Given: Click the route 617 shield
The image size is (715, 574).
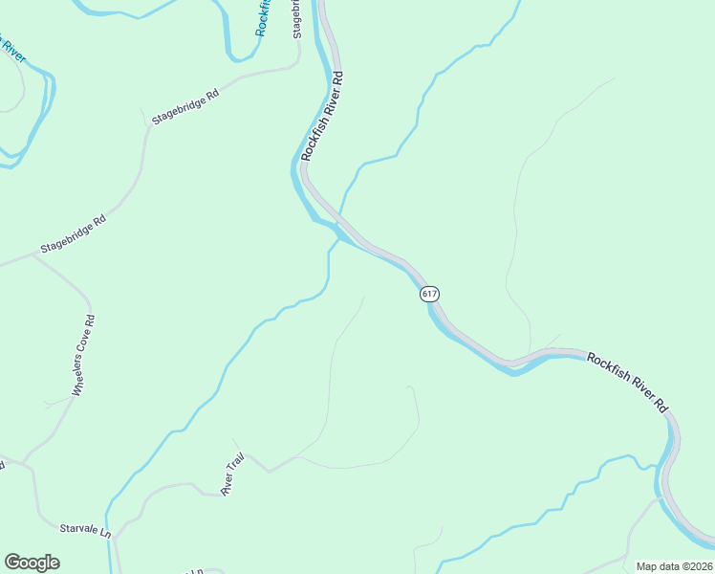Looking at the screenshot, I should pyautogui.click(x=430, y=294).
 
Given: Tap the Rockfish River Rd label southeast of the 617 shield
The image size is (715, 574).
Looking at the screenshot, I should pyautogui.click(x=627, y=382).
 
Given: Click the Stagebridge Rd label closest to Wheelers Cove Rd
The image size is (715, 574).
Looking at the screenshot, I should pyautogui.click(x=73, y=235).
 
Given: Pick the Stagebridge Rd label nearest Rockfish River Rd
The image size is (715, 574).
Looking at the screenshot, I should pyautogui.click(x=185, y=108).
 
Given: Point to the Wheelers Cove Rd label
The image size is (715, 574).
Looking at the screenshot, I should pyautogui.click(x=83, y=356).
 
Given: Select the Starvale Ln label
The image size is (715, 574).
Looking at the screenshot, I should pyautogui.click(x=85, y=529).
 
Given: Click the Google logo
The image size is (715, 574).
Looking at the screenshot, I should pyautogui.click(x=32, y=563).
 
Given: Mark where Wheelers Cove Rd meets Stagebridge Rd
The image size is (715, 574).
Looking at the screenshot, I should pyautogui.click(x=32, y=256).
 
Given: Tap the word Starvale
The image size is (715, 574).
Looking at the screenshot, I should pyautogui.click(x=77, y=528).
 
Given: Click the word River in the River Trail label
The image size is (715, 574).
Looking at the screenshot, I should pyautogui.click(x=228, y=487).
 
